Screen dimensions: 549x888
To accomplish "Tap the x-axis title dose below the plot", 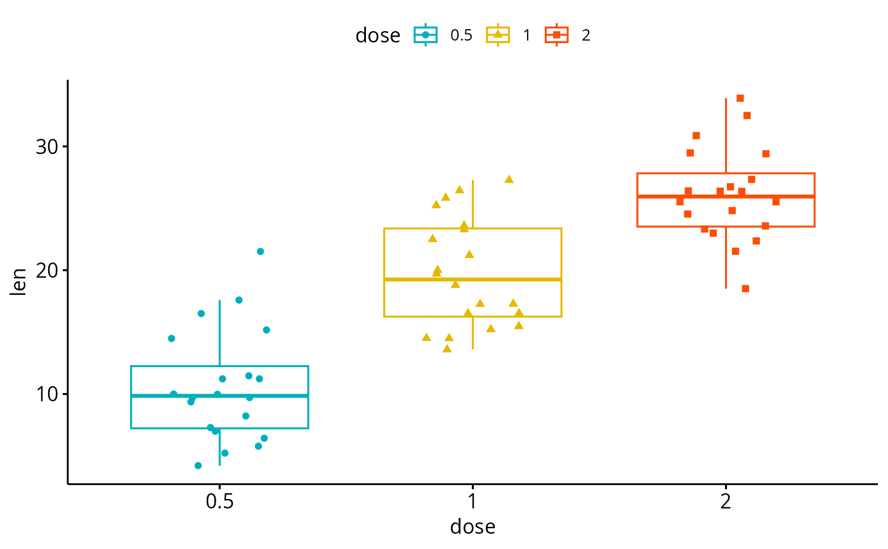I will (473, 527).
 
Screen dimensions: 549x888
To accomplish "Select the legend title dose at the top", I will (377, 36).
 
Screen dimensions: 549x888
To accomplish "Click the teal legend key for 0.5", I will (426, 35).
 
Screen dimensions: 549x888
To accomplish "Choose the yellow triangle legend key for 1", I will (498, 35).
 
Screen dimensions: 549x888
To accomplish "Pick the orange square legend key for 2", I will (557, 35).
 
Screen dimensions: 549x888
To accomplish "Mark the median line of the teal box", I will (219, 396).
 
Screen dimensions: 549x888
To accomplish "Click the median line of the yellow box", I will (473, 279).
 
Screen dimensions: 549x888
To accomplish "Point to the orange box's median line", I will (726, 197).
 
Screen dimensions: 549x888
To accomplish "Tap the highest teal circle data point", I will (260, 252).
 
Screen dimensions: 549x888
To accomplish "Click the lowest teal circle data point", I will (198, 466).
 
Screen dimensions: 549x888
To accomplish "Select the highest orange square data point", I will (740, 98).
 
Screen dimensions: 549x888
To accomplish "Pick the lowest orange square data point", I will (745, 289).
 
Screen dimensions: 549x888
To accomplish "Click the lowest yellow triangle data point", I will (447, 349).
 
